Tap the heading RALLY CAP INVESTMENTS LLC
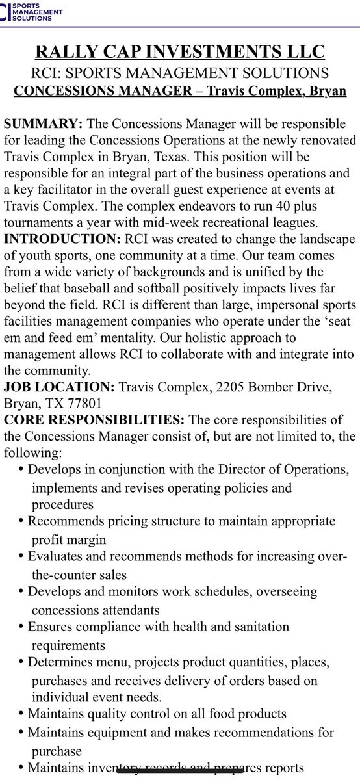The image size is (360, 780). point(180,52)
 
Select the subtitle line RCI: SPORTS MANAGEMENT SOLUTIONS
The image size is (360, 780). point(180,73)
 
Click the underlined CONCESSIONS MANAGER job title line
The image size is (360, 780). point(180,90)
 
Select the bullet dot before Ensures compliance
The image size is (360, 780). point(22,627)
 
